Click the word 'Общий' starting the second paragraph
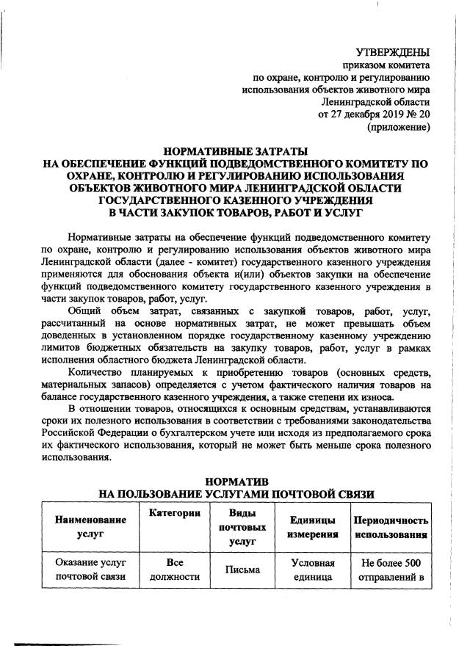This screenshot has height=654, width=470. [x=84, y=311]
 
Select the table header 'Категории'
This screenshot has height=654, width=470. [x=174, y=513]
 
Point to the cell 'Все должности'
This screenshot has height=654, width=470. [x=174, y=570]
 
